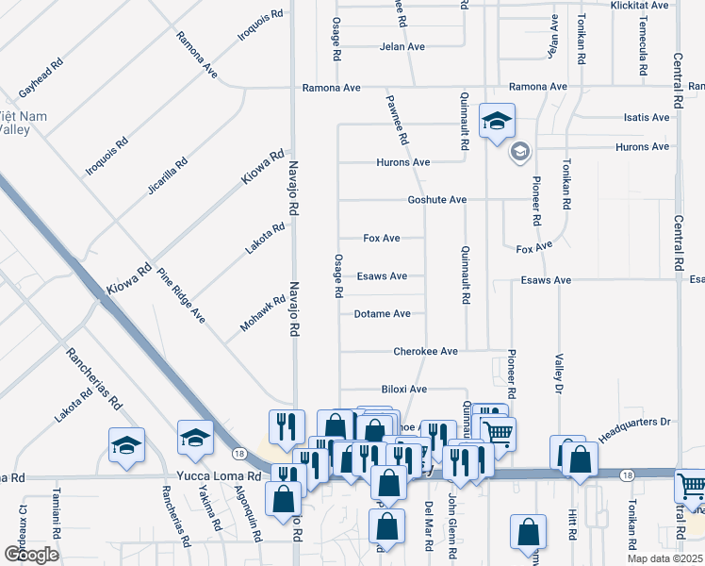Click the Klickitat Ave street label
point(637,5)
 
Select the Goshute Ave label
point(437,200)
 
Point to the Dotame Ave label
point(382,313)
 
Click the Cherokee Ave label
point(425,351)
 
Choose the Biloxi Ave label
point(403,389)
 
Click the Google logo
point(31,555)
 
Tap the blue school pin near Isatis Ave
point(497,121)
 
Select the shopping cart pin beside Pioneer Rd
point(499,433)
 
